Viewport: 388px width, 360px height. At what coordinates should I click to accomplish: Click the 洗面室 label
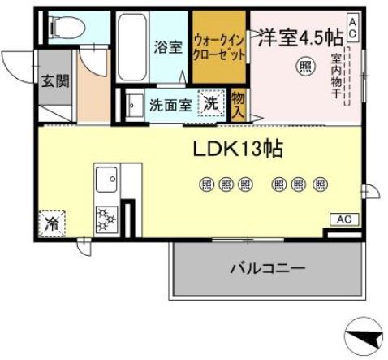170,104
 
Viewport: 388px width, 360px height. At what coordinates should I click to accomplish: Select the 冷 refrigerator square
51,220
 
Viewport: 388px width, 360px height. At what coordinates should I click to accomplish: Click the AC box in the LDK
343,220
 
